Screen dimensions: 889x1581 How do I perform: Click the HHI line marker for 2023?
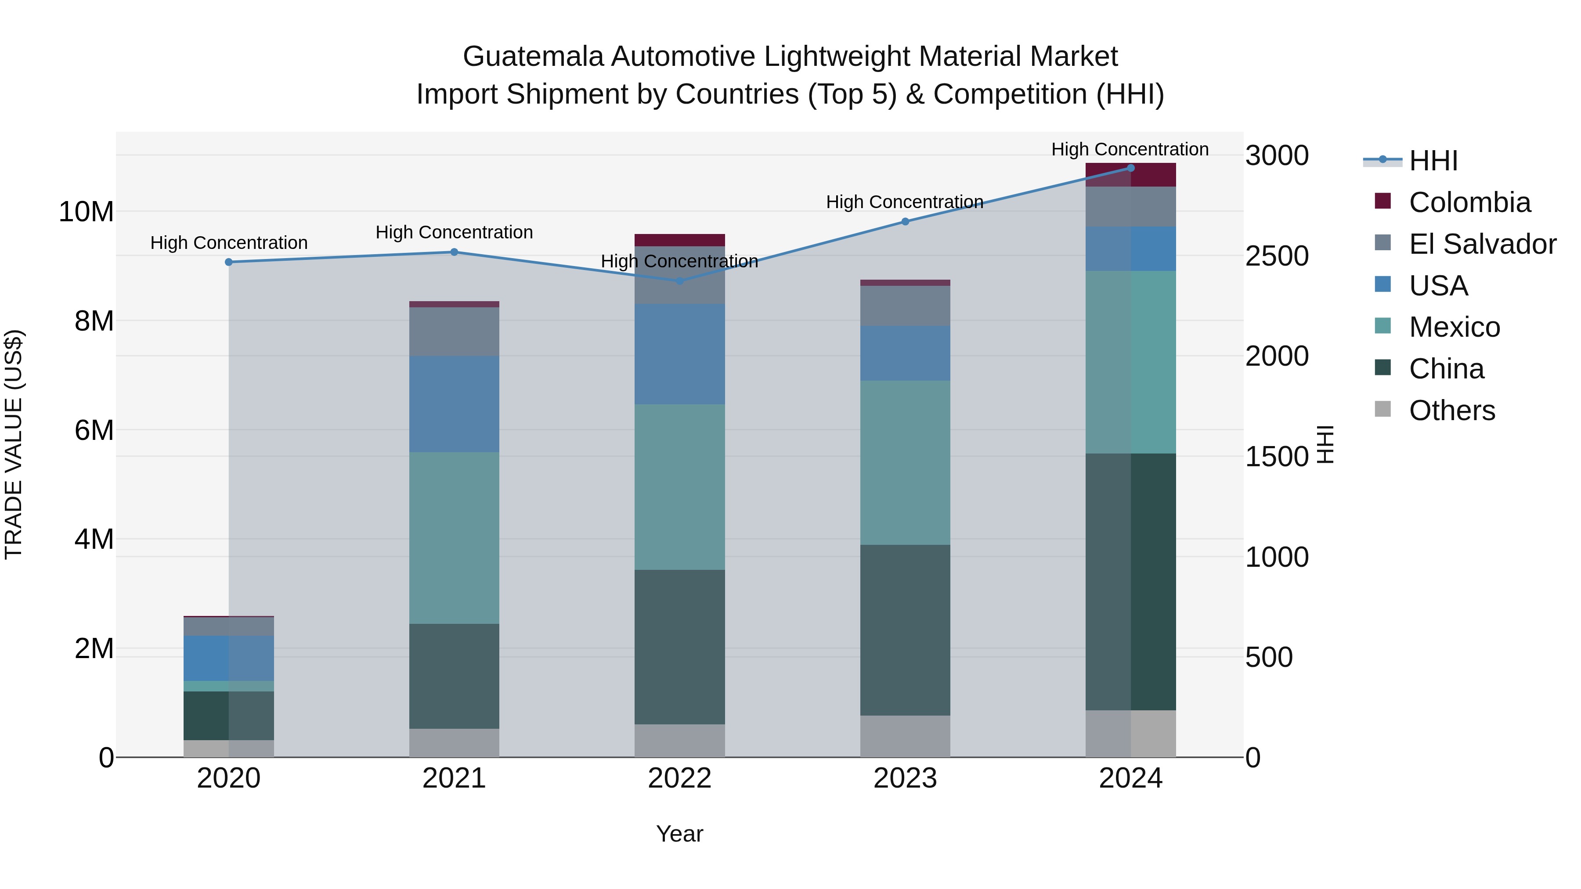tap(905, 222)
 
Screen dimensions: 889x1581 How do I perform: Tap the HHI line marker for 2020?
tap(229, 262)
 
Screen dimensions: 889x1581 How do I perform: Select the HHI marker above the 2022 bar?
tap(679, 281)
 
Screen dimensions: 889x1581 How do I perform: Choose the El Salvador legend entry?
tap(1482, 244)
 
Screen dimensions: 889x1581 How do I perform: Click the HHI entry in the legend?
tap(1433, 161)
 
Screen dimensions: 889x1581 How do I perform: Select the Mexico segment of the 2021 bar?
tap(454, 538)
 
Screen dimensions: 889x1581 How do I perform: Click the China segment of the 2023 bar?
tap(905, 630)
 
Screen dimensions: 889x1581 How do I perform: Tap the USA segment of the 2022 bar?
tap(679, 354)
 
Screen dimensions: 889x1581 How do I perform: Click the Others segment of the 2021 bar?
tap(454, 743)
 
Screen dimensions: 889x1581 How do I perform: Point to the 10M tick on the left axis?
tap(86, 212)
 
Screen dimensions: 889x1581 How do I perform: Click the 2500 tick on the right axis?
tap(1277, 256)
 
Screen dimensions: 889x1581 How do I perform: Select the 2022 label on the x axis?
tap(679, 778)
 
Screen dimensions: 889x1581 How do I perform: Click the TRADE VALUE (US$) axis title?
tap(14, 444)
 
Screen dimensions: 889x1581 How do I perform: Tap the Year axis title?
tap(679, 834)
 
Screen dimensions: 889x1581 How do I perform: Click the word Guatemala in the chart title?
tap(533, 57)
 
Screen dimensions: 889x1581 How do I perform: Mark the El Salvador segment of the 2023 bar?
tap(905, 306)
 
